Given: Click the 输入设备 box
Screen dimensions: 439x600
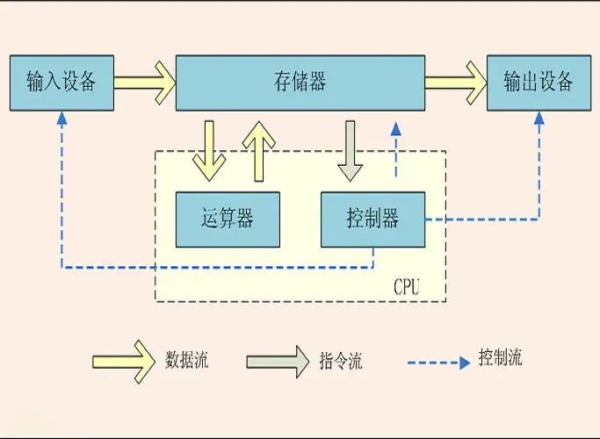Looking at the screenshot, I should pos(61,83).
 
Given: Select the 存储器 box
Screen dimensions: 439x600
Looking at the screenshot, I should pos(300,83).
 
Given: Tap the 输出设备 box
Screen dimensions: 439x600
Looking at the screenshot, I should pos(539,83).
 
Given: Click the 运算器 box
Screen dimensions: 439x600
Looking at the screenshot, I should pos(228,219).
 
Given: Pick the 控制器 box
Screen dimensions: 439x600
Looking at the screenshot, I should pos(372,219).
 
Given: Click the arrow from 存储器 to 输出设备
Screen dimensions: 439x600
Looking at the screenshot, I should pos(455,83).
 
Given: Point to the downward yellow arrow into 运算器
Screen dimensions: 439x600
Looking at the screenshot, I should pos(210,149).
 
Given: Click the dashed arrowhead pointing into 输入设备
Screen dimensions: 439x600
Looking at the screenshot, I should pos(61,120).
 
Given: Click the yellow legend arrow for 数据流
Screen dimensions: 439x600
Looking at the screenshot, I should pos(122,361).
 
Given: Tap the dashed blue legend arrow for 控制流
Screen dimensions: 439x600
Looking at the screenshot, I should pos(438,362).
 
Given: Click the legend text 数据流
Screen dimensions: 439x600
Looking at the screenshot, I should pos(187,360).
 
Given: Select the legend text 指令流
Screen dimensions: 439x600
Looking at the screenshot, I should pos(340,361).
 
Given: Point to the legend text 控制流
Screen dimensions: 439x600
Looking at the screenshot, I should pos(500,358).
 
